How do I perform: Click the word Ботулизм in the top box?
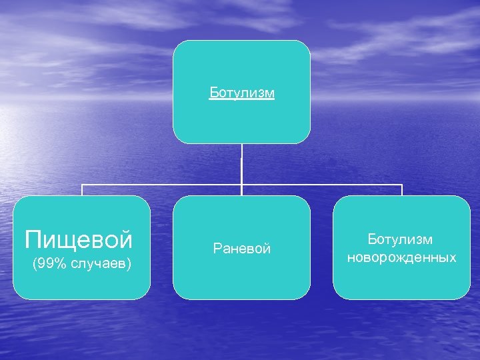coord(241,93)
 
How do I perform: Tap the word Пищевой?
coord(79,238)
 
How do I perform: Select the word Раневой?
coord(241,249)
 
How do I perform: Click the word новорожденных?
coord(401,257)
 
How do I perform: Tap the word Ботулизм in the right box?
coord(401,239)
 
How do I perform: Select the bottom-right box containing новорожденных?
coord(401,280)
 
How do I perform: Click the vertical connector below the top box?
coord(241,163)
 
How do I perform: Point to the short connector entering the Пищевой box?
coord(82,190)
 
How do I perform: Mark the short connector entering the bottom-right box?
coord(402,190)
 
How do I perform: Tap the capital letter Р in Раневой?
coord(217,249)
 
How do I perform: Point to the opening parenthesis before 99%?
coord(35,265)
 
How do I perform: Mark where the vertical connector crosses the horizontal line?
coord(241,185)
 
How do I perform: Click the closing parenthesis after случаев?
coord(129,265)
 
